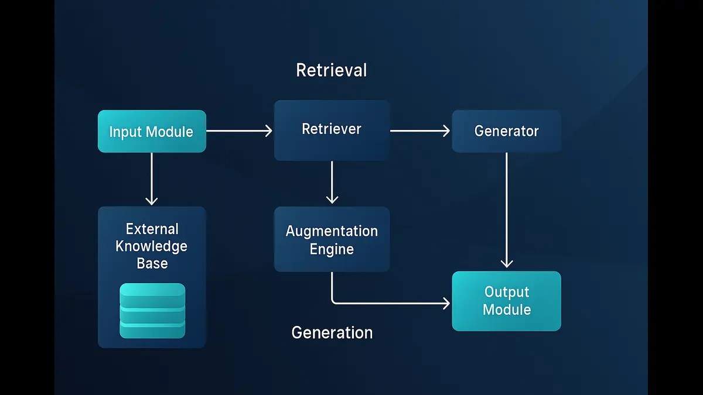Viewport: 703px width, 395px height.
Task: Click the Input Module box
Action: click(151, 132)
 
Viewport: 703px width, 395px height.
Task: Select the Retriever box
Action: click(332, 130)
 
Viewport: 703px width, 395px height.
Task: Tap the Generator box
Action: click(506, 131)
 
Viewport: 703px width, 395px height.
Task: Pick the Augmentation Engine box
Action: click(332, 239)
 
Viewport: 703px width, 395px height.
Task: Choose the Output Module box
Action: click(506, 301)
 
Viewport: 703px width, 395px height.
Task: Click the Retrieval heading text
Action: click(332, 70)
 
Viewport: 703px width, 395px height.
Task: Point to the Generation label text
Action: click(332, 332)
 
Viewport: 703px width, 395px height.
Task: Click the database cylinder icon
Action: click(152, 311)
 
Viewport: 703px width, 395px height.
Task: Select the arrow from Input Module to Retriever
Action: click(239, 131)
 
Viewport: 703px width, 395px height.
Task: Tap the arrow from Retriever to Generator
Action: click(419, 131)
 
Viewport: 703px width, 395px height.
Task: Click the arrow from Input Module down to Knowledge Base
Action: click(152, 178)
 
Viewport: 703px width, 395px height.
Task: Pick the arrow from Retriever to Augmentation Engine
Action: click(332, 182)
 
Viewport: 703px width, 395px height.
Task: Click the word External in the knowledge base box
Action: click(152, 229)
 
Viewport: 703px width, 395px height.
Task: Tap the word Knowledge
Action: click(151, 246)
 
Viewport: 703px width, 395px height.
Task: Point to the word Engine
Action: click(332, 249)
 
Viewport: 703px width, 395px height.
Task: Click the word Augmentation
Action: click(332, 231)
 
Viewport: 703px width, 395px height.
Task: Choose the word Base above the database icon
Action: click(152, 263)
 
